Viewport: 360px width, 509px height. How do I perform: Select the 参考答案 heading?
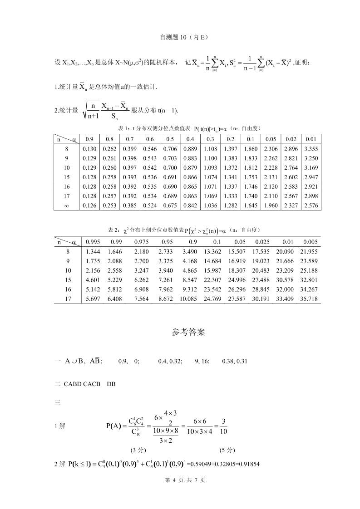(x=188, y=332)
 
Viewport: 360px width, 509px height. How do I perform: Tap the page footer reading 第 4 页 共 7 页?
(x=180, y=480)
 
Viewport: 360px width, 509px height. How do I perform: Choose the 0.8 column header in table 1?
(x=110, y=139)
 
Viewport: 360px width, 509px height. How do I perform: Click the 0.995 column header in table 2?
(x=93, y=242)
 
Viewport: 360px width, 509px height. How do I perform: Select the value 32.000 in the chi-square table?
(x=286, y=289)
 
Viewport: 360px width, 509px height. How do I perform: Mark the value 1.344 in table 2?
(x=93, y=251)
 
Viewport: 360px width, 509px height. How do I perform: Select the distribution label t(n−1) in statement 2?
(x=168, y=110)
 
